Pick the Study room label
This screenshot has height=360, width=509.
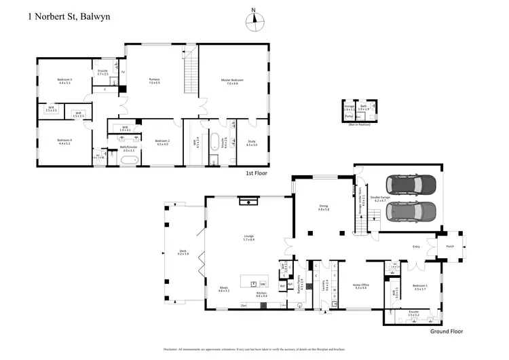pyautogui.click(x=252, y=142)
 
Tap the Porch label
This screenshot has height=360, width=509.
pyautogui.click(x=449, y=247)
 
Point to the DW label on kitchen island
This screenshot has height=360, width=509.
pyautogui.click(x=263, y=283)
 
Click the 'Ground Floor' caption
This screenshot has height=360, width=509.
pyautogui.click(x=447, y=332)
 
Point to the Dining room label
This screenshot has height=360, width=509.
pyautogui.click(x=323, y=208)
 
